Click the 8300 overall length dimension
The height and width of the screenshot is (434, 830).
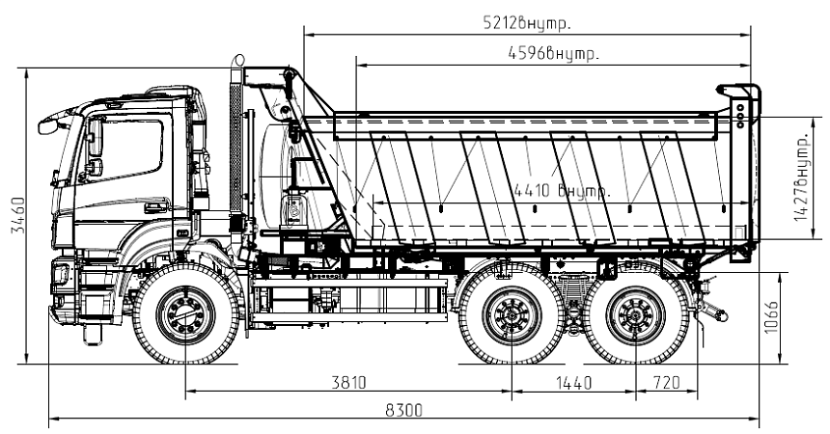(403, 410)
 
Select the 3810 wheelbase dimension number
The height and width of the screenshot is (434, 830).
(348, 383)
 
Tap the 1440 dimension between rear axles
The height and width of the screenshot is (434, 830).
(573, 383)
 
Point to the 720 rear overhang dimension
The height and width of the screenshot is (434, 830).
(667, 383)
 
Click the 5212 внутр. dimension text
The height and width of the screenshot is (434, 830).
(526, 22)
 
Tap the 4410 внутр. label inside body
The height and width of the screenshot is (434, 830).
(563, 191)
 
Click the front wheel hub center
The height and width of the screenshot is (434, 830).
(185, 314)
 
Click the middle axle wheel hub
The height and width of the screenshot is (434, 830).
(512, 314)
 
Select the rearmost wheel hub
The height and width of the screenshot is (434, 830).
(636, 314)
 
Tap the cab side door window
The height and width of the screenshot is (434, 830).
(130, 149)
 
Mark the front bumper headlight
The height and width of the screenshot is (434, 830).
(61, 274)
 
